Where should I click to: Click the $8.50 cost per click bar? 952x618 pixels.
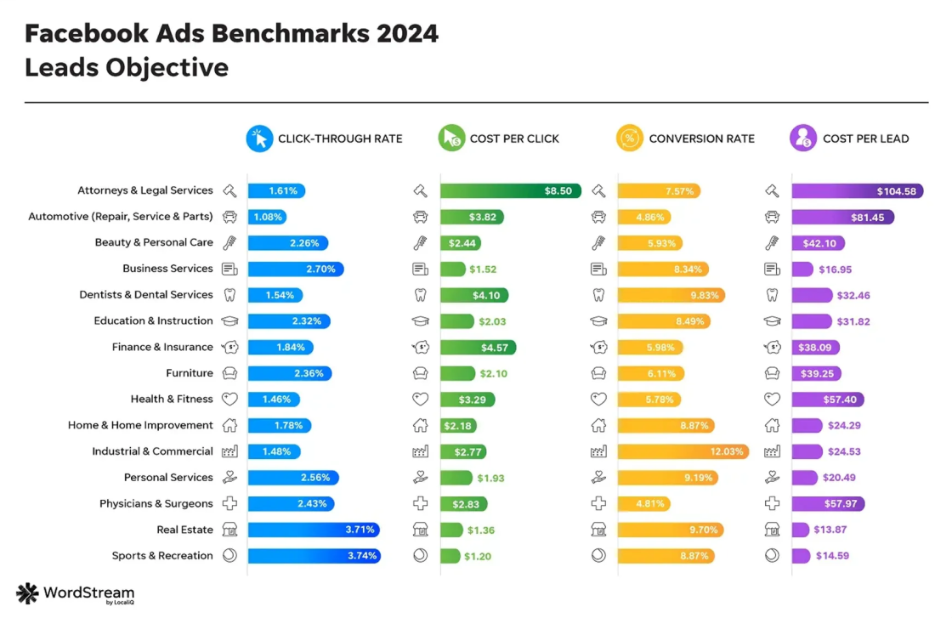click(510, 191)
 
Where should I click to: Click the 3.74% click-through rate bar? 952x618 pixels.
click(314, 556)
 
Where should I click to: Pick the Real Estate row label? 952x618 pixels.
click(184, 530)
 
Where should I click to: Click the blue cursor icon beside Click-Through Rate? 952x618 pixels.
click(259, 139)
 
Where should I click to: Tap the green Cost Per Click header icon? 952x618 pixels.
click(451, 139)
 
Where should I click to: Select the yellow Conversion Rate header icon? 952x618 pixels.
click(630, 139)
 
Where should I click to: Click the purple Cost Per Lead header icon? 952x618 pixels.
click(803, 139)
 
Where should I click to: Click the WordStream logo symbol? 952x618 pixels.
click(27, 593)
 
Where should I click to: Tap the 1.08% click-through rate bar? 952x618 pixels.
click(267, 218)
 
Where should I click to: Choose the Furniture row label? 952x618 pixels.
click(189, 373)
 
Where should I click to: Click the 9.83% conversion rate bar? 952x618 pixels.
click(672, 296)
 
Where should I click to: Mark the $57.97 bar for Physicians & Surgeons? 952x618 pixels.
click(828, 504)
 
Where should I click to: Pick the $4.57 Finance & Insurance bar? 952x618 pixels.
click(478, 348)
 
